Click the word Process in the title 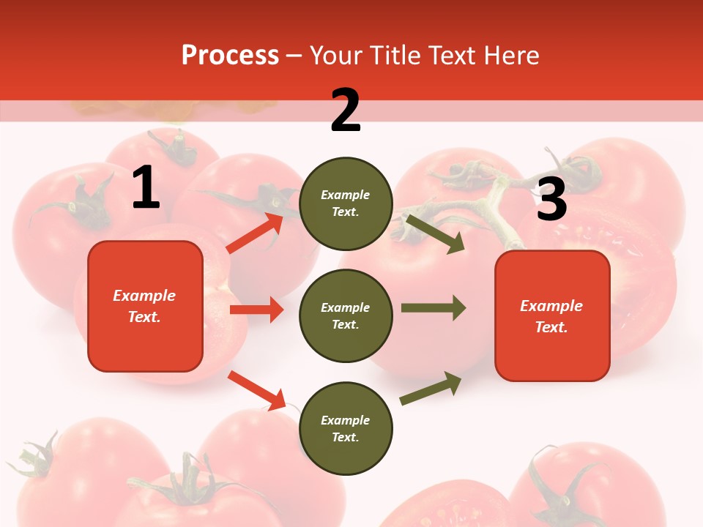coord(230,56)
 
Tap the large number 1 coord(146,188)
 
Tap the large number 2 coord(346,111)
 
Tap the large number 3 coord(551,200)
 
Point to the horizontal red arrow coord(256,310)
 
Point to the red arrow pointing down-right coord(256,390)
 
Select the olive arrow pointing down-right coord(435,233)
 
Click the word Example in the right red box coord(551,306)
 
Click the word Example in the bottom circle coord(346,420)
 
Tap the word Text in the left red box coord(143,318)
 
